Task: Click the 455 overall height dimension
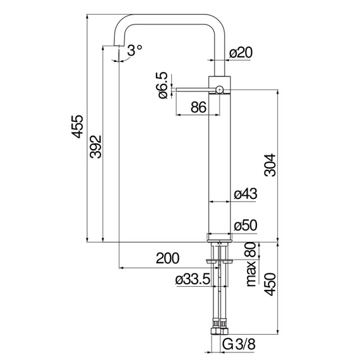click(77, 126)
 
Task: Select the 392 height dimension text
click(95, 147)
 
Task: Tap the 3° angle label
click(135, 51)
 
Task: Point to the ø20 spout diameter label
click(241, 52)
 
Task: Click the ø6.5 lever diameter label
click(163, 85)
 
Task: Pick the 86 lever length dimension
click(198, 107)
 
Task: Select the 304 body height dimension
click(270, 165)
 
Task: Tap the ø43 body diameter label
click(246, 194)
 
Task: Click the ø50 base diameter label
click(246, 225)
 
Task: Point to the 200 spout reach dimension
click(167, 258)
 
